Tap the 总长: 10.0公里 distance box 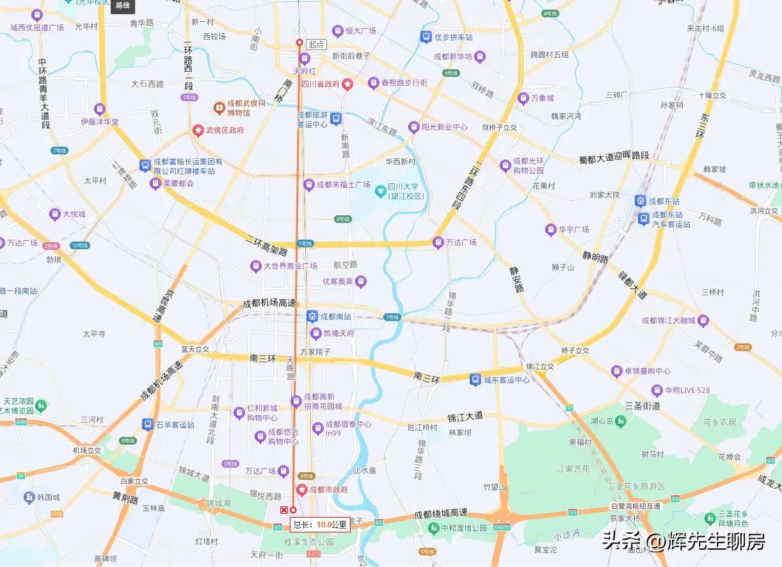(320, 524)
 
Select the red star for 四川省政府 (347, 84)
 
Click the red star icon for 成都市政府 (301, 490)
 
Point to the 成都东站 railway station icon (640, 201)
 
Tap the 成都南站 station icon (312, 316)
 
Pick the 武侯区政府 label (225, 130)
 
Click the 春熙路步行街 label (404, 83)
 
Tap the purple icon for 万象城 (523, 98)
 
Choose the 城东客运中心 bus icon (475, 379)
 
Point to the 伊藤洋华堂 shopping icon (99, 109)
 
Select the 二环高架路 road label (266, 245)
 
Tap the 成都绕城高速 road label (441, 514)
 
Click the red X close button (284, 510)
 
